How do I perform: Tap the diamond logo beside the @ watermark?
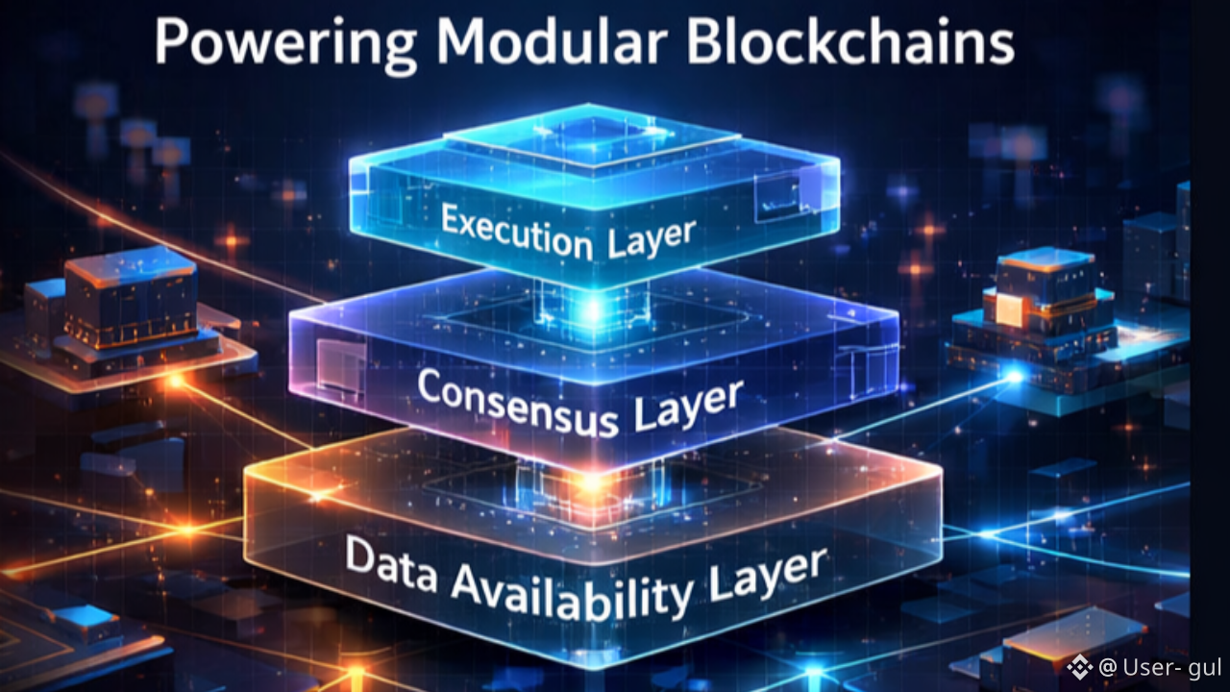(x=1080, y=666)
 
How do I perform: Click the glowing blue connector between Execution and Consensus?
(x=593, y=309)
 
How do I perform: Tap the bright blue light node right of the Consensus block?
(x=1013, y=378)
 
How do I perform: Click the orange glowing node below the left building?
(x=177, y=383)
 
